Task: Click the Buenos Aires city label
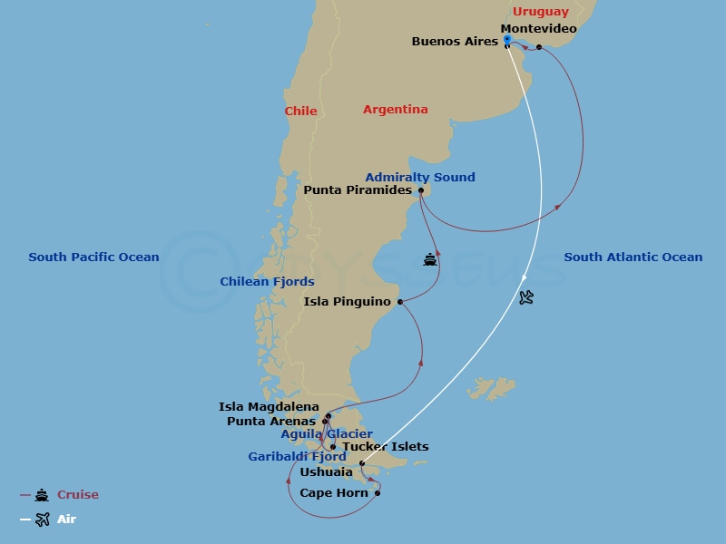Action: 455,42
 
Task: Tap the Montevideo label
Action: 538,29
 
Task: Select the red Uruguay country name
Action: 541,12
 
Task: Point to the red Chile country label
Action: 300,112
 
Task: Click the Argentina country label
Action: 395,110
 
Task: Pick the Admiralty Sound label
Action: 420,178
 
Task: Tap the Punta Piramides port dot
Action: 421,190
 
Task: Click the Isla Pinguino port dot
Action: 400,302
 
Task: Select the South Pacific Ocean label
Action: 93,257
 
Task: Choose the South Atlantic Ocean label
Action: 633,257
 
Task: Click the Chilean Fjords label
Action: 267,282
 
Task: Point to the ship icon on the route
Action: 430,260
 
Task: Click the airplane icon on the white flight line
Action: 526,297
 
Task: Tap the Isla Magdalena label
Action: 269,407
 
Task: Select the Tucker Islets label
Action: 385,447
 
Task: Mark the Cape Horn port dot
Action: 378,493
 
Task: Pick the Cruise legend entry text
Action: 78,495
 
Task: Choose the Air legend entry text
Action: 66,520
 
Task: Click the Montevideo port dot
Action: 539,47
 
